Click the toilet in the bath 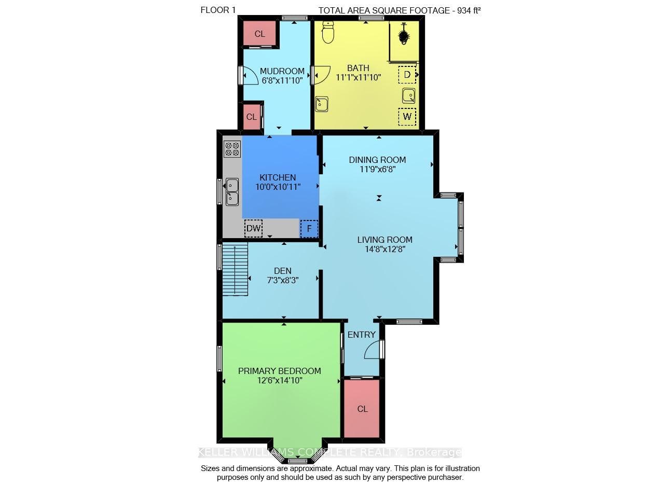coord(328,32)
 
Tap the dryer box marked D coord(407,75)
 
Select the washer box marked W coord(407,117)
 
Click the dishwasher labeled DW coord(253,228)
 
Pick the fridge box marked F coord(309,228)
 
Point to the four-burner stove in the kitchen coord(232,149)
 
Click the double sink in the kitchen coord(232,192)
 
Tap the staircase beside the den coord(235,269)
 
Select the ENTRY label coord(361,335)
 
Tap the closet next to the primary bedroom coord(362,409)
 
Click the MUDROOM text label coord(282,71)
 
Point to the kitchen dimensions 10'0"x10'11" coord(278,187)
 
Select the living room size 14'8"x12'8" coord(385,250)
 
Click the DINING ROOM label coord(377,160)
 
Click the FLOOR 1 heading coord(218,10)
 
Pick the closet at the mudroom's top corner coord(260,33)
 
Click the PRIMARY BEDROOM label coord(280,371)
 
